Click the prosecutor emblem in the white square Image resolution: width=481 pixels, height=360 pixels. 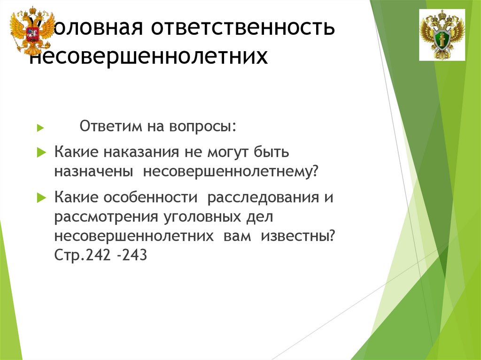tap(442, 35)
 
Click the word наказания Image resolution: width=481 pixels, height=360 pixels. tap(143, 153)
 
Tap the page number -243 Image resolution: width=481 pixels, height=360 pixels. tap(133, 255)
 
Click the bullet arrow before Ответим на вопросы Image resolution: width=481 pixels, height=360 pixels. tap(41, 128)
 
